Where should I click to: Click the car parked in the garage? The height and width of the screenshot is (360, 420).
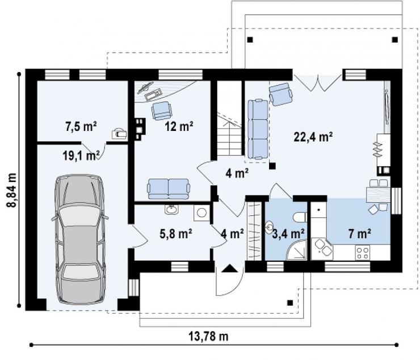80,239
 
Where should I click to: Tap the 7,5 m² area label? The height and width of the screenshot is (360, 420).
81,126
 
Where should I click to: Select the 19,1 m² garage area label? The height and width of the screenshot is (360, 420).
81,155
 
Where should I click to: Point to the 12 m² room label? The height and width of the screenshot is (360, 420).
179,126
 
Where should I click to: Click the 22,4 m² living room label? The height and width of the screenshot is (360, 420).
313,137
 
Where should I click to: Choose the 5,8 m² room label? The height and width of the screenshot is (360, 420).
176,234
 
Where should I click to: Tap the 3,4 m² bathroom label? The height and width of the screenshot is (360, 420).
288,234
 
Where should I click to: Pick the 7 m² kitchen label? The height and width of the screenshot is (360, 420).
359,234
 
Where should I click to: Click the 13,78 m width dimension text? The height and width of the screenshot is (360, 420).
209,336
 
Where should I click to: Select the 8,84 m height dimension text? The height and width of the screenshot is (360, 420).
12,190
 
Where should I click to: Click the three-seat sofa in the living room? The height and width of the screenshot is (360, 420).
258,129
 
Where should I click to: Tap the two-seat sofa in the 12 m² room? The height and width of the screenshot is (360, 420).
169,189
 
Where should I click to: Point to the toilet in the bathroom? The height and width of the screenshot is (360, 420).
300,217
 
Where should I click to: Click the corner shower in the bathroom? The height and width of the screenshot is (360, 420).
297,249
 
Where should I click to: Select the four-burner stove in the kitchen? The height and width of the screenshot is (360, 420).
363,252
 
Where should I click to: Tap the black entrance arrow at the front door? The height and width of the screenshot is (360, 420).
229,268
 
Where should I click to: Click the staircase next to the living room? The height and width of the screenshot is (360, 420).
230,134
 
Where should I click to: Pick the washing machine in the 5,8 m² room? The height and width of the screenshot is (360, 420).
201,213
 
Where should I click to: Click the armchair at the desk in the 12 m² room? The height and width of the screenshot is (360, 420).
161,111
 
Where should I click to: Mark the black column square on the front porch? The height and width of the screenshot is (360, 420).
290,303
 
